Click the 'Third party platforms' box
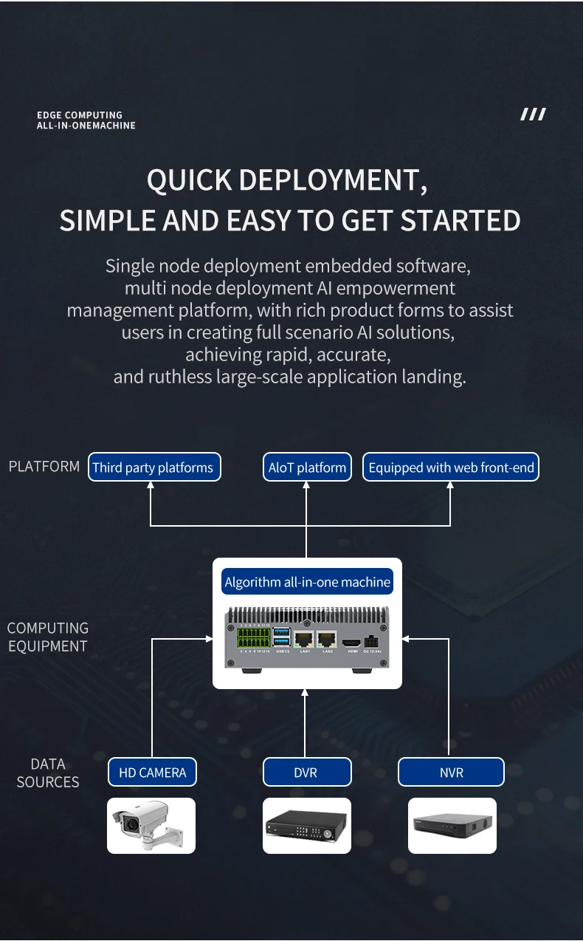tap(154, 467)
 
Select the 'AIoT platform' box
tap(307, 467)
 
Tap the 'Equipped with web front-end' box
tap(451, 467)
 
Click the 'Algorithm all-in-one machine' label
tap(307, 582)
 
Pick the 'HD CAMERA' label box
tap(152, 772)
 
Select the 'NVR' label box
tap(451, 772)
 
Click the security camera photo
tap(151, 825)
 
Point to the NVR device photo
tap(452, 825)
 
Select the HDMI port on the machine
tap(353, 641)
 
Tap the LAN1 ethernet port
tap(303, 640)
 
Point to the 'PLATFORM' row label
tap(44, 466)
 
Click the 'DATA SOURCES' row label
tap(48, 773)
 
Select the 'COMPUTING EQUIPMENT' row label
tap(48, 637)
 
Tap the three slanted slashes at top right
tap(533, 114)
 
